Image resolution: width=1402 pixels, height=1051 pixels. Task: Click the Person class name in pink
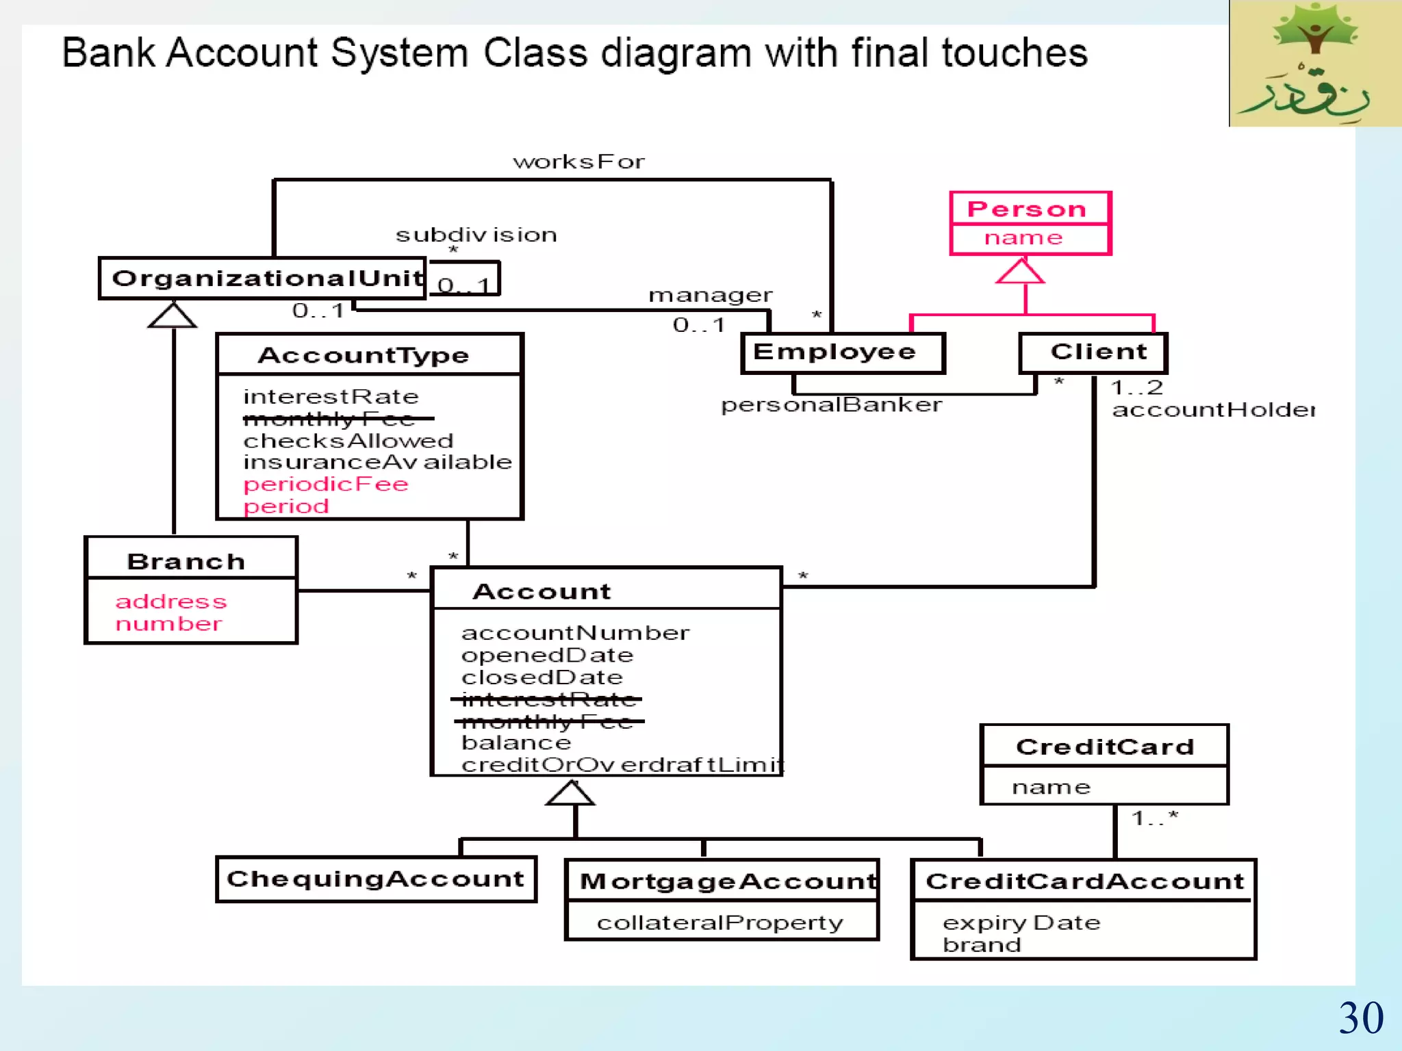tap(1027, 209)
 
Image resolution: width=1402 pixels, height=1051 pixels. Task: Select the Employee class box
tap(842, 352)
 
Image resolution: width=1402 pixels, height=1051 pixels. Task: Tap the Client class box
tap(1093, 352)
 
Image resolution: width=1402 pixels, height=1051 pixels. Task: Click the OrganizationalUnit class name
tap(267, 278)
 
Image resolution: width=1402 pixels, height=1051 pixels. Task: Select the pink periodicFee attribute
tap(326, 484)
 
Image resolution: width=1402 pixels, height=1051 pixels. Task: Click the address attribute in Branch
tap(171, 601)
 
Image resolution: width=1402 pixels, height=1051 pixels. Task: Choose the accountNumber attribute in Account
tap(575, 633)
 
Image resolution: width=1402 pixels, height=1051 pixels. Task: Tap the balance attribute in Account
tap(516, 742)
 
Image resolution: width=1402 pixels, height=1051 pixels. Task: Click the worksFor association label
tap(579, 161)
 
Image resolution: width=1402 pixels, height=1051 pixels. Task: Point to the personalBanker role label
tap(831, 405)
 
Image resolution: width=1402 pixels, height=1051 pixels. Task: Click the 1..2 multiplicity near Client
tap(1136, 387)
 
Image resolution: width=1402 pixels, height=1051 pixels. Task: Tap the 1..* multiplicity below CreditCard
tap(1154, 818)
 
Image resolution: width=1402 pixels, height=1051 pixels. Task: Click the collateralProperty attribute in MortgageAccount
tap(719, 923)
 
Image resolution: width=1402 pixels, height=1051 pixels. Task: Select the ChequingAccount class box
tap(375, 879)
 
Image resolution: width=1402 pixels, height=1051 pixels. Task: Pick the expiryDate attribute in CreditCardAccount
tap(1021, 923)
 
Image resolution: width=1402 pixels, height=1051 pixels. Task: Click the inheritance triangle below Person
tap(1020, 271)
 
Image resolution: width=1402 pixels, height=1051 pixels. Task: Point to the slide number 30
tap(1360, 1018)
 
